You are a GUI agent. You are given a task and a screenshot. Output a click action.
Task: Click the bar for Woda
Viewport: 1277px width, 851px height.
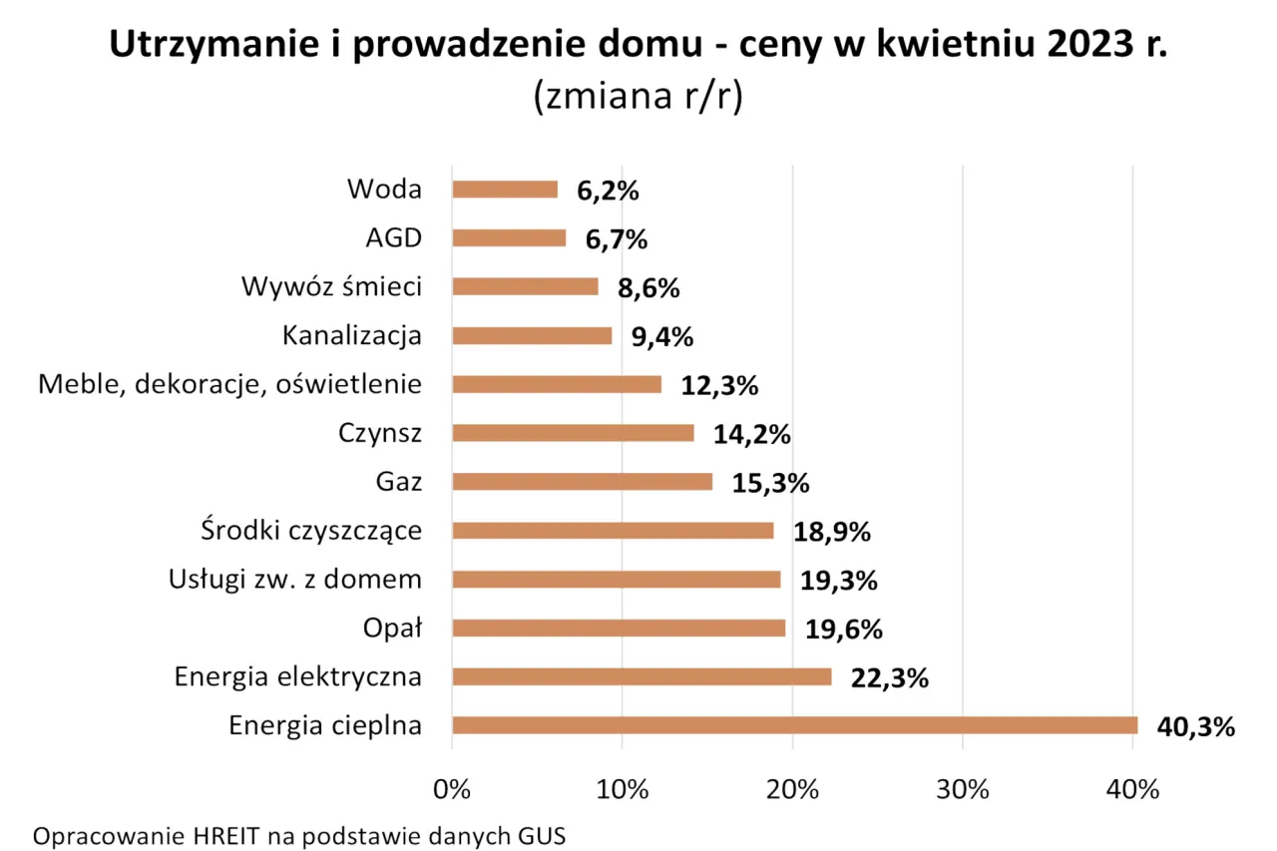click(x=505, y=190)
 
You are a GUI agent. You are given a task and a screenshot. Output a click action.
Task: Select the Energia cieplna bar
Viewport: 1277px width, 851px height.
click(x=794, y=725)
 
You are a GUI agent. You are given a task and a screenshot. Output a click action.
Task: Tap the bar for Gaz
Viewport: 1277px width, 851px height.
click(x=583, y=482)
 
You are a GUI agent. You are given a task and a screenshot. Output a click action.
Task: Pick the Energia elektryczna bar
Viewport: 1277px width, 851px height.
click(x=641, y=677)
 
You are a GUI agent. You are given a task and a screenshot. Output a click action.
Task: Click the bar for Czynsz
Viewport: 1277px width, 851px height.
click(x=573, y=433)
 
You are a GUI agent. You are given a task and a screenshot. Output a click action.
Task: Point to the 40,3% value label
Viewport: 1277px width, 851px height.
click(x=1195, y=726)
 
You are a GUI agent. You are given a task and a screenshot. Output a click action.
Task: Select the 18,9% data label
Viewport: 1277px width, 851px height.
click(x=832, y=532)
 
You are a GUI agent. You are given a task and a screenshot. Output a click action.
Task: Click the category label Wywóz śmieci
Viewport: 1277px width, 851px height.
click(x=331, y=287)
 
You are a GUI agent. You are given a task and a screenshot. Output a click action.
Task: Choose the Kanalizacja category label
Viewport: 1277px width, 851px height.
click(x=351, y=336)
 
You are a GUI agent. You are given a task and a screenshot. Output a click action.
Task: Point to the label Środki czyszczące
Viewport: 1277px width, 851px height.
click(x=310, y=531)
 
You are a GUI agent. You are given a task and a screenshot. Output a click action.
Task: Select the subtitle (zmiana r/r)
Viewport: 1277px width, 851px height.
click(x=638, y=98)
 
